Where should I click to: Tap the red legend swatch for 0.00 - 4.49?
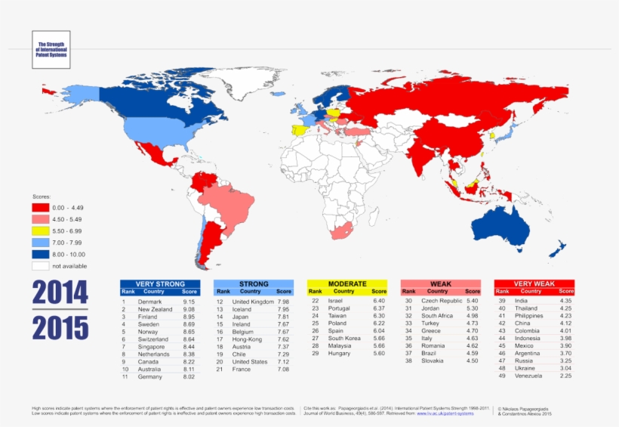click(x=40, y=207)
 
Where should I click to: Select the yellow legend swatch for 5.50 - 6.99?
click(x=40, y=230)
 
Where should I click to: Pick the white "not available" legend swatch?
click(x=40, y=265)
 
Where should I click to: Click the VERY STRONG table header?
click(x=159, y=284)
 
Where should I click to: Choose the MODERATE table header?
click(x=346, y=284)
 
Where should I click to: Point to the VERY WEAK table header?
click(x=534, y=284)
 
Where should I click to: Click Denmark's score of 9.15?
click(x=189, y=302)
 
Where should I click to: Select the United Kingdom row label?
click(x=253, y=302)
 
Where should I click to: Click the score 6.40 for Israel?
click(x=379, y=301)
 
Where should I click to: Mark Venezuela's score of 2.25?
click(x=565, y=376)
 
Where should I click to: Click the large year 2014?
click(x=60, y=293)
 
